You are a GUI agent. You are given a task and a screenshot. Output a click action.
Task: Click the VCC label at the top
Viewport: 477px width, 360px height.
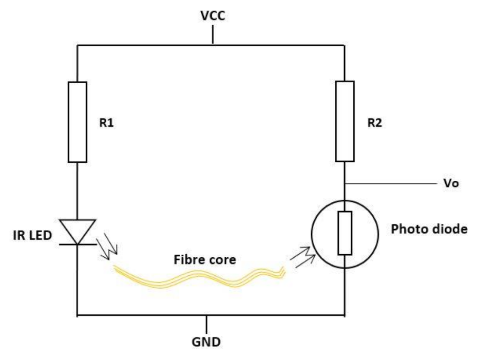point(212,16)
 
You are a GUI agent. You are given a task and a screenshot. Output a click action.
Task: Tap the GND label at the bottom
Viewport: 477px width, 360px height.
point(206,341)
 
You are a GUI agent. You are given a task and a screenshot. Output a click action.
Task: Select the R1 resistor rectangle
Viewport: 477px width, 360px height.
point(78,122)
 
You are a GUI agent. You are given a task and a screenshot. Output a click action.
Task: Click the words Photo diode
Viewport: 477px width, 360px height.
point(429,229)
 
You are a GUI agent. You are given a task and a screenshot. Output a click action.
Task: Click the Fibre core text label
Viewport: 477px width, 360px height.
point(204,260)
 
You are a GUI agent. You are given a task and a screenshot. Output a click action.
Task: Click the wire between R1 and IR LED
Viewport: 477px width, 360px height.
point(78,190)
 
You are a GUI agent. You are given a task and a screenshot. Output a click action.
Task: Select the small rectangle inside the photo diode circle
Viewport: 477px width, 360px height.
point(345,233)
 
